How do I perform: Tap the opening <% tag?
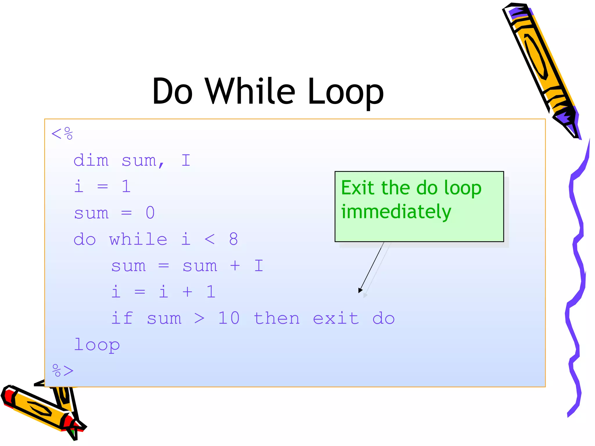(62, 134)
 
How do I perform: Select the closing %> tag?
(63, 371)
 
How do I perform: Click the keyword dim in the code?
(91, 160)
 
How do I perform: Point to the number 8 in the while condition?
(233, 239)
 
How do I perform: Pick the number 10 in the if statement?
(229, 318)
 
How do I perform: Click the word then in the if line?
(277, 318)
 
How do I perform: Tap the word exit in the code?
(336, 318)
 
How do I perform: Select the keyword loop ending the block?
(97, 345)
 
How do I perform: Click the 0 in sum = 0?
(150, 213)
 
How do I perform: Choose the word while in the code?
(138, 239)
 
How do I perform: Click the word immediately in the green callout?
(396, 212)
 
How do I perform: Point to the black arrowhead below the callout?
(360, 290)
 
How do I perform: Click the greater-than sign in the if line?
(199, 319)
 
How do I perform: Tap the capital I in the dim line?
(186, 160)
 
